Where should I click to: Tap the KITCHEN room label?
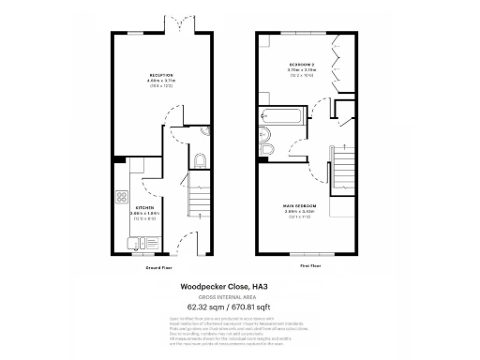coord(143,207)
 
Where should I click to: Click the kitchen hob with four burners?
coord(121,198)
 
